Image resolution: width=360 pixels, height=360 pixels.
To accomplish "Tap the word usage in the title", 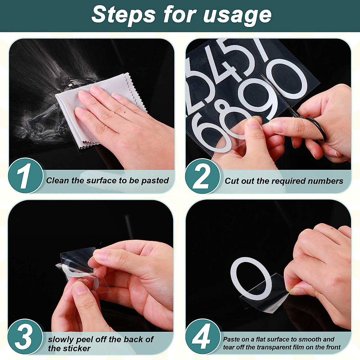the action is pos(237,16).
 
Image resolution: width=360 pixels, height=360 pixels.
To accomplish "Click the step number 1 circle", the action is pos(25,176).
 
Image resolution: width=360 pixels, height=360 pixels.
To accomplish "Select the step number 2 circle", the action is pos(203,176).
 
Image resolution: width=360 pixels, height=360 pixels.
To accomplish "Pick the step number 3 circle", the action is pos(25,337).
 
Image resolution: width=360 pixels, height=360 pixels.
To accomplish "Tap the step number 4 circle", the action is pos(203,337).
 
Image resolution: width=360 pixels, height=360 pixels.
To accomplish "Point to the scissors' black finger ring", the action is pos(318,129).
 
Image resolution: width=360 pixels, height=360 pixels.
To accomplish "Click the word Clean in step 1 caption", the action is pos(58,181).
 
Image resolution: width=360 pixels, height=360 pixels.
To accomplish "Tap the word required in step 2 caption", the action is pos(288,181).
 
